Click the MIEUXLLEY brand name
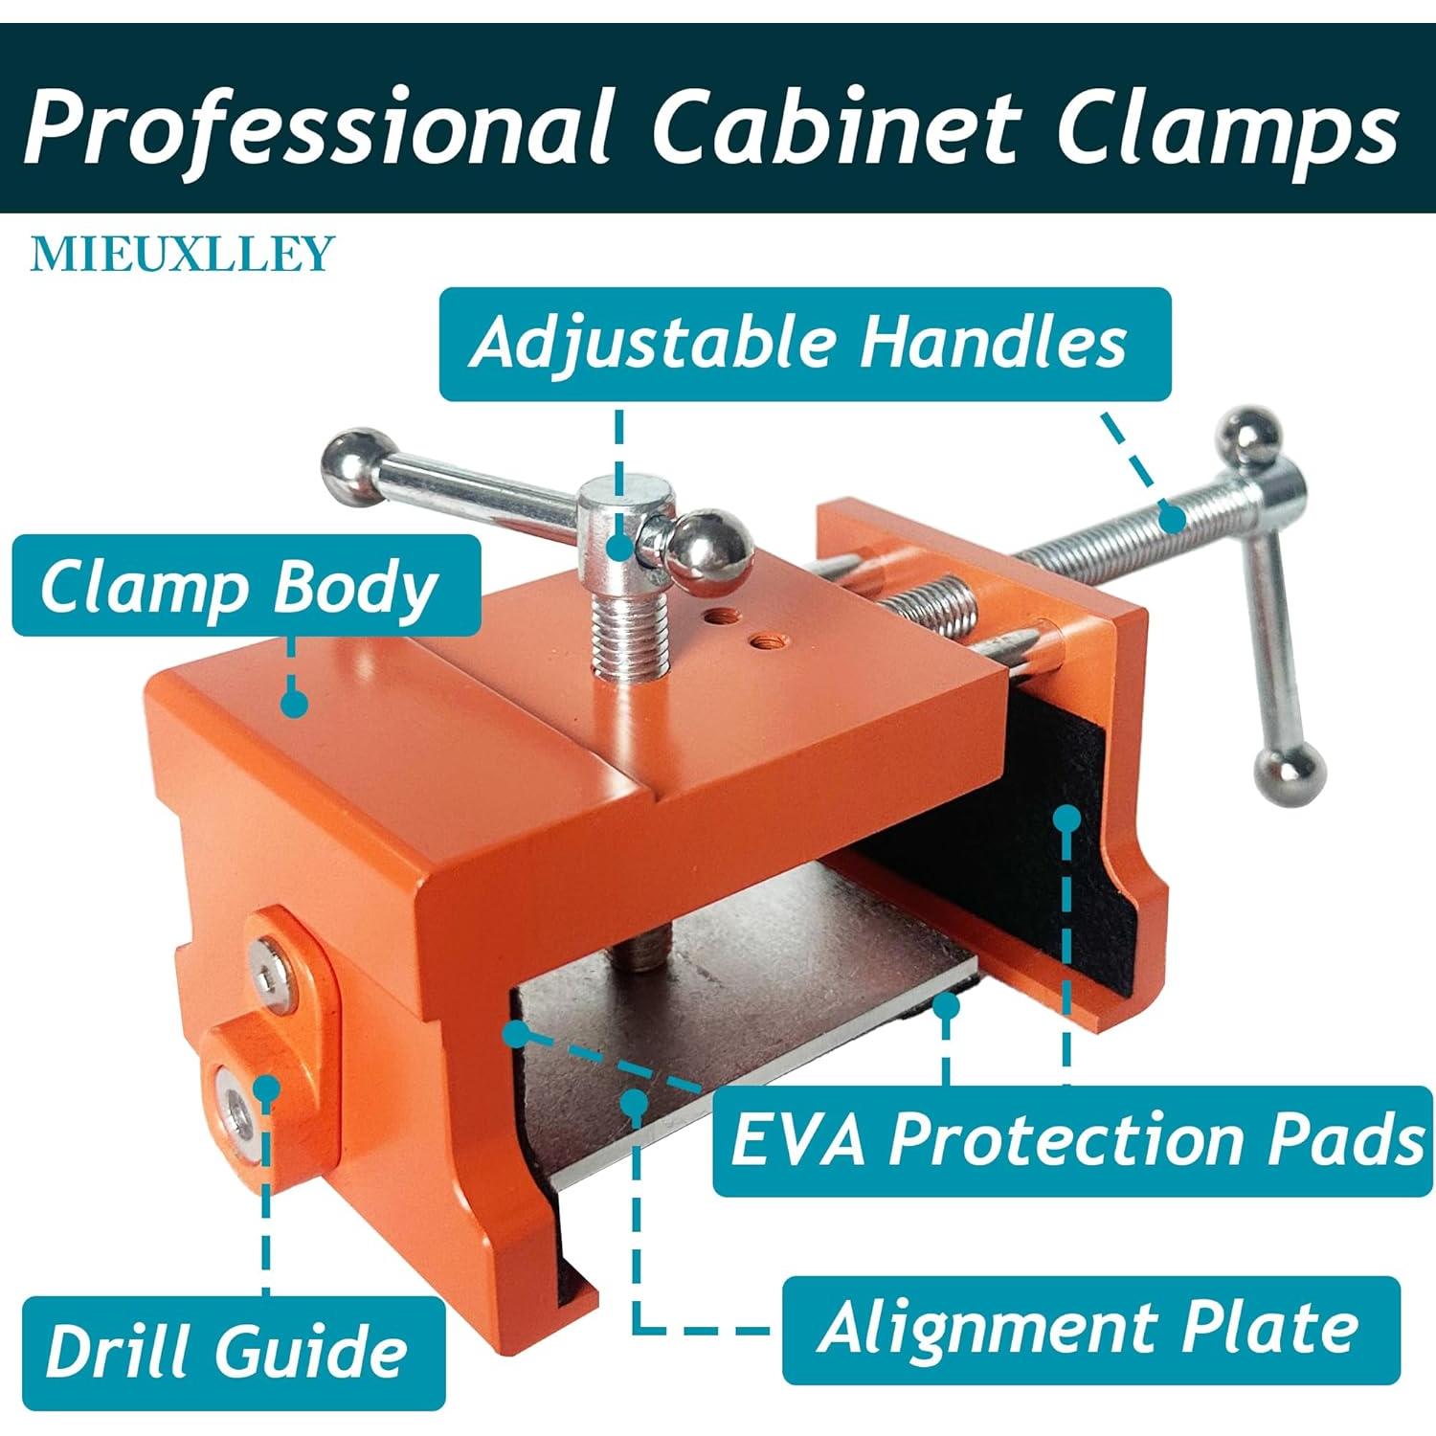pos(182,254)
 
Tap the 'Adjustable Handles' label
pos(804,344)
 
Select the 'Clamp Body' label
pos(246,586)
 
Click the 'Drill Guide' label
pos(233,1353)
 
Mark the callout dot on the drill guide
pos(265,1088)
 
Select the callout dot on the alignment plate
pos(634,1101)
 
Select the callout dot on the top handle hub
pos(620,547)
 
